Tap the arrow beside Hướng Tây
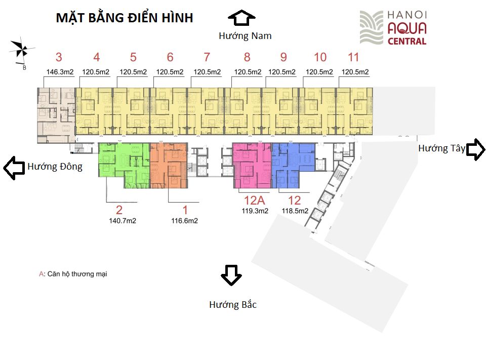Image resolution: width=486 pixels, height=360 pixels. pos(476,149)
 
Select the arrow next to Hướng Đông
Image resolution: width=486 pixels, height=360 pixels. pos(14,168)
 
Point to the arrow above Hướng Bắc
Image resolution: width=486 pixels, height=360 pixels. pos(231,275)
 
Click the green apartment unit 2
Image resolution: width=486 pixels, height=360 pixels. pos(124,165)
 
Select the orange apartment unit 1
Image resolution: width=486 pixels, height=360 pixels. pos(169,166)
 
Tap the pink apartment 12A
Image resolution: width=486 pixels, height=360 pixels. pos(252,166)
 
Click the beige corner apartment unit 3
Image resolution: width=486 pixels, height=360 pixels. pos(56,115)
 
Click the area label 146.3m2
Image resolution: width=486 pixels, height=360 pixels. pos(60,72)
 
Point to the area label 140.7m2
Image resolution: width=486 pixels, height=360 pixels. pos(123,221)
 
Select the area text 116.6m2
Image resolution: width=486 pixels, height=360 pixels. pos(184,221)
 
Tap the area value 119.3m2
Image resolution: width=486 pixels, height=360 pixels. pos(255,211)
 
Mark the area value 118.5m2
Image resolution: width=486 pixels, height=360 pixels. pos(295,211)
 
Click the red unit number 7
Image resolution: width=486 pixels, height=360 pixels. pos(207,57)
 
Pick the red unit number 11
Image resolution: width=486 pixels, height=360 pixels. pos(353,57)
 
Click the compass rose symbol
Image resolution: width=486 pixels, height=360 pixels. pos(22,50)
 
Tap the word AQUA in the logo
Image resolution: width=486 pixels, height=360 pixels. pos(407,28)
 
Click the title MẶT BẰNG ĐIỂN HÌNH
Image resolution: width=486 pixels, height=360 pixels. pos(125,17)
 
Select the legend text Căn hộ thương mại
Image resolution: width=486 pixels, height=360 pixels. pos(77,274)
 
